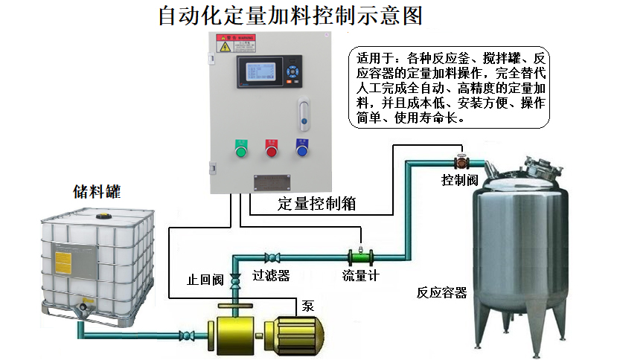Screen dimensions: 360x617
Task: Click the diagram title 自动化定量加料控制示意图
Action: click(x=295, y=16)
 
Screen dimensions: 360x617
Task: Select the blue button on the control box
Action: click(x=302, y=150)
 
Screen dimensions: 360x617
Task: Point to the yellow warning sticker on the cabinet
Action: click(x=225, y=46)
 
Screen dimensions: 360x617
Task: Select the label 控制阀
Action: click(x=459, y=180)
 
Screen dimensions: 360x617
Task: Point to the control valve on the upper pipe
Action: click(x=461, y=160)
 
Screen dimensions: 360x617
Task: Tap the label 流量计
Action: click(x=360, y=276)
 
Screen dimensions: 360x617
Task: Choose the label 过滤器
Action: click(x=271, y=276)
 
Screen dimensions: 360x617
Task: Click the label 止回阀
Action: click(x=205, y=280)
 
